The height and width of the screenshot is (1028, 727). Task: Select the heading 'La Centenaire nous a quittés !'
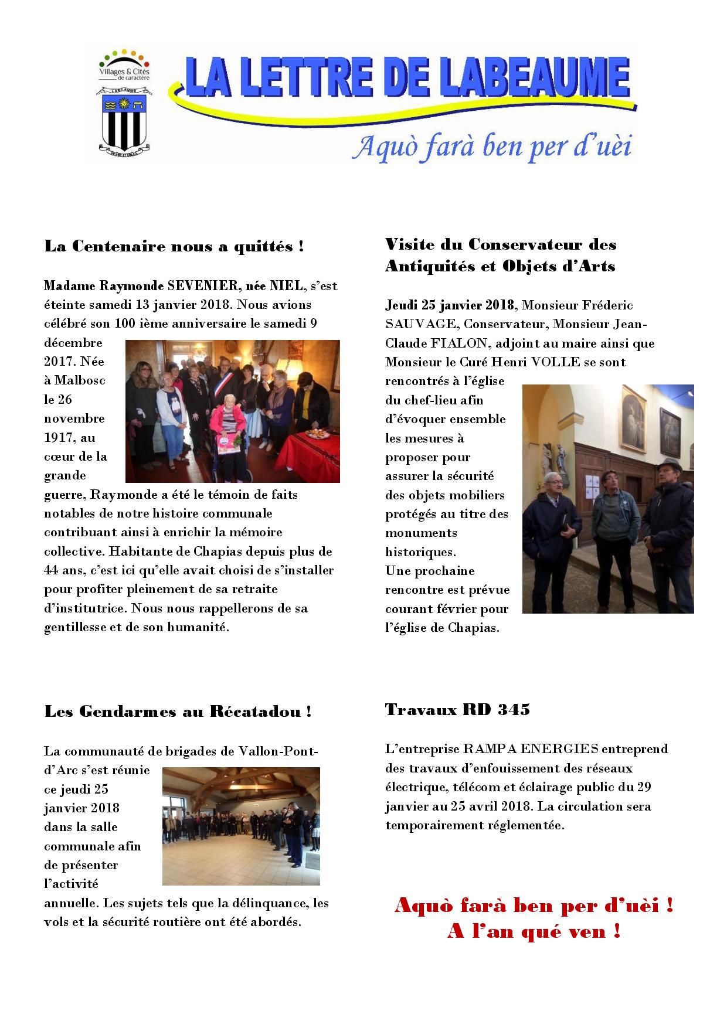pos(174,247)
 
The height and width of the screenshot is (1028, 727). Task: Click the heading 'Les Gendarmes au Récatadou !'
pos(178,712)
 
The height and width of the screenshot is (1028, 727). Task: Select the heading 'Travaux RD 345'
pos(457,710)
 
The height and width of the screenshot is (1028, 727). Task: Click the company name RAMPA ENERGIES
pos(531,749)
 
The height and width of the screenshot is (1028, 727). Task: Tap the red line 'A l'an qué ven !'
pos(534,931)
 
